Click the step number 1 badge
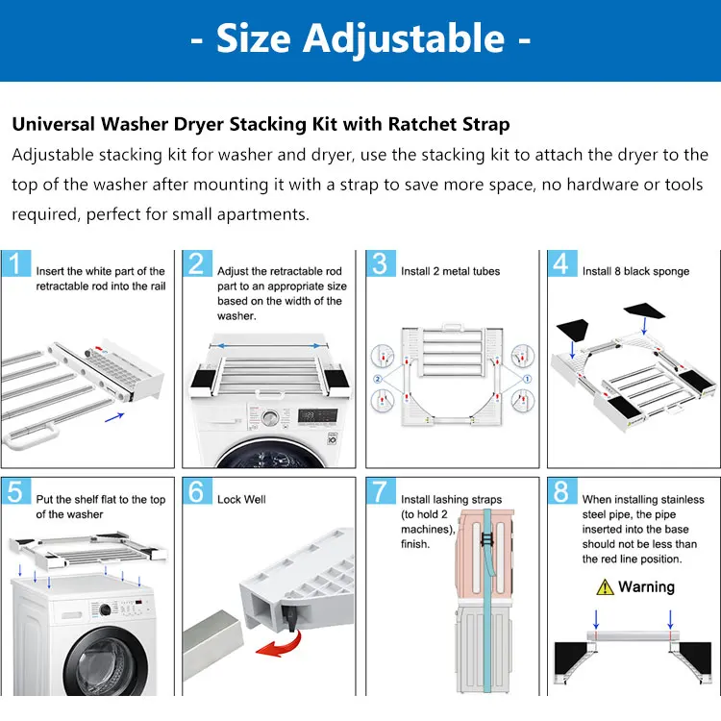[16, 263]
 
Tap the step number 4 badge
[561, 263]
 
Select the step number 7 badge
[381, 491]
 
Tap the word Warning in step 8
[646, 586]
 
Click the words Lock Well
[241, 499]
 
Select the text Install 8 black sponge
[635, 271]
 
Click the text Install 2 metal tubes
[450, 271]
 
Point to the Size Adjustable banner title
[360, 38]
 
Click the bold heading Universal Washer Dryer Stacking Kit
[260, 125]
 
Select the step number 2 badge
[198, 263]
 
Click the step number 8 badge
[561, 491]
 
